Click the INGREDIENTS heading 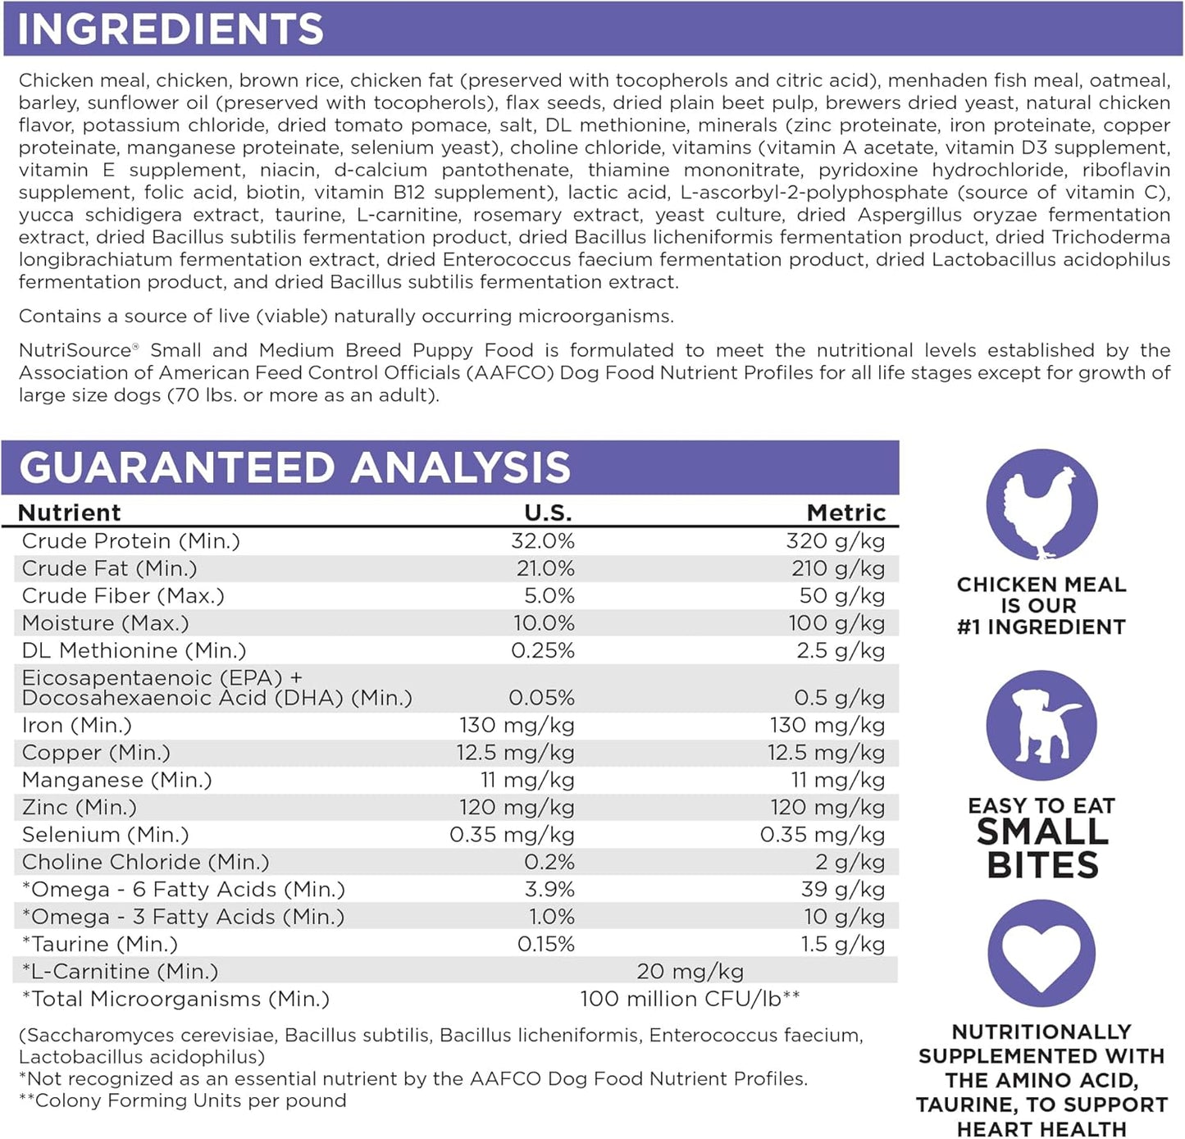[x=171, y=29]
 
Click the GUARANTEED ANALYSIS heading [x=294, y=467]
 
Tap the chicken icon [x=1041, y=505]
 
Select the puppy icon [x=1041, y=726]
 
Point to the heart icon [x=1041, y=954]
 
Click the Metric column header [x=846, y=513]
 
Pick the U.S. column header [x=548, y=513]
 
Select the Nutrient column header [x=70, y=513]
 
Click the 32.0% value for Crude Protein [x=543, y=541]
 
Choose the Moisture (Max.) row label [x=105, y=623]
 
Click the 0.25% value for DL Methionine [x=543, y=650]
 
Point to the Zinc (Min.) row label [x=80, y=807]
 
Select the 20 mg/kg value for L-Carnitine [x=690, y=971]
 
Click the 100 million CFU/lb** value [x=690, y=999]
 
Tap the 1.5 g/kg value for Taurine [x=843, y=944]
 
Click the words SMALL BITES [x=1042, y=849]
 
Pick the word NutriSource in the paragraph [x=75, y=350]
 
